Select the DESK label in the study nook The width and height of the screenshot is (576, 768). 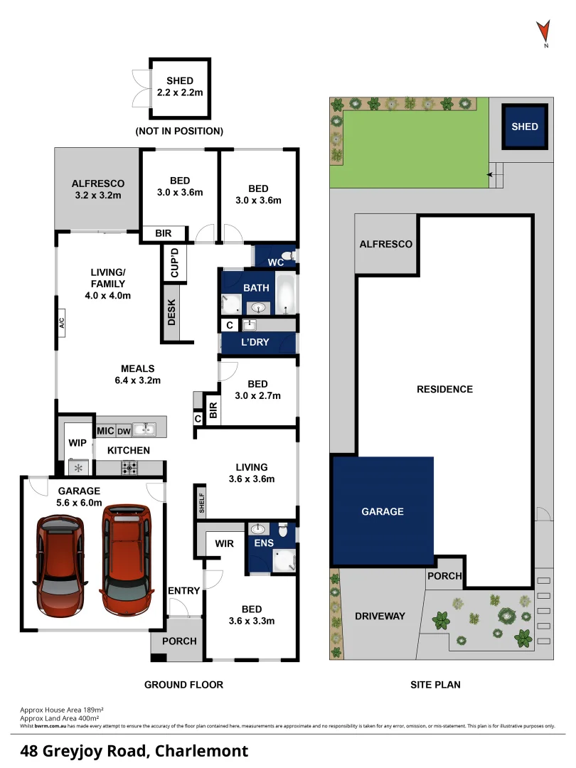pos(171,311)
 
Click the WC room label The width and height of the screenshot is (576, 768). pos(276,262)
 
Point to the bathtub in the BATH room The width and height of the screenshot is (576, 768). pos(287,294)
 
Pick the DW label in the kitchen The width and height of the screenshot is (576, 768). pos(123,431)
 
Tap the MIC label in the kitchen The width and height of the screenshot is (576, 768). pos(105,431)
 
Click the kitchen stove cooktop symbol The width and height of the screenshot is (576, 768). pos(131,468)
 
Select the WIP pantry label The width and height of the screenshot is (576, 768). pos(78,443)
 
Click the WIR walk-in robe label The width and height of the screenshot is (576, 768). pos(225,543)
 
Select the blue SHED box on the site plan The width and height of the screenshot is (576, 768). pos(525,127)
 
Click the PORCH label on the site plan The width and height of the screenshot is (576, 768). pos(444,576)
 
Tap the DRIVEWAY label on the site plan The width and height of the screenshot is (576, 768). pos(380,616)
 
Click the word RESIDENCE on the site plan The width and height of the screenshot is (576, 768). pos(444,389)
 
